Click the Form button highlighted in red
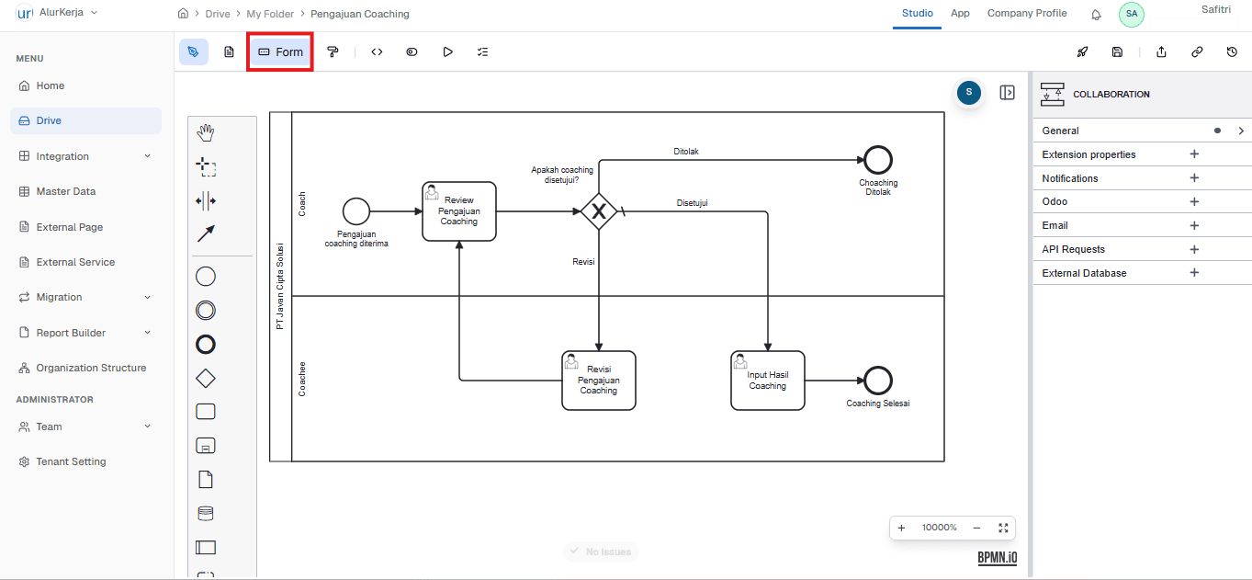pos(280,52)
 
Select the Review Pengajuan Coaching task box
pos(459,211)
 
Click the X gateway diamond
pos(598,212)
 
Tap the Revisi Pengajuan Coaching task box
pos(599,381)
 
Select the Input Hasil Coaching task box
pos(767,381)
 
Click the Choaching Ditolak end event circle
pos(878,160)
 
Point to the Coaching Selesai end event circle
pos(878,381)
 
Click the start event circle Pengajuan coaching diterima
pos(355,211)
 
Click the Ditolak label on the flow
pos(686,152)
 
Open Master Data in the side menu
pos(65,192)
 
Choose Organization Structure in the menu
pos(91,368)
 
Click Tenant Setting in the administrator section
pos(71,461)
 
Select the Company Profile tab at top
pos(1026,14)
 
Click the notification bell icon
pos(1096,15)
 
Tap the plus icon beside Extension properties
pos(1194,154)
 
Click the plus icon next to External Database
pos(1194,273)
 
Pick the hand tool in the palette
pos(206,133)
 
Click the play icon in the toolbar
pos(447,52)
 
